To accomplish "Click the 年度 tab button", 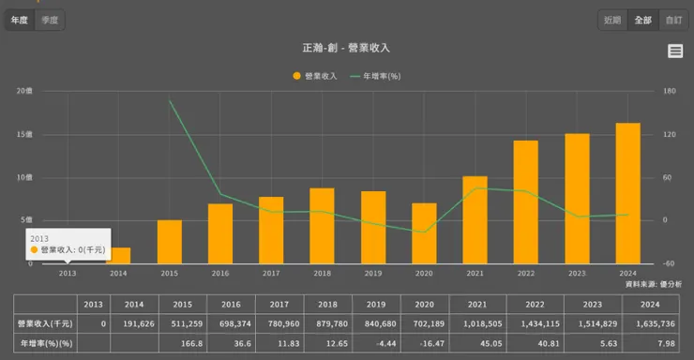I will (19, 20).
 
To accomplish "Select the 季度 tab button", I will (51, 20).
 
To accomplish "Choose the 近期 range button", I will (612, 20).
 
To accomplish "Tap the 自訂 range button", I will (673, 20).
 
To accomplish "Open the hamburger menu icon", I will (675, 52).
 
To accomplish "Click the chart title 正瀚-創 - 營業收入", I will (347, 48).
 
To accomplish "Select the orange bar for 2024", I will (627, 192).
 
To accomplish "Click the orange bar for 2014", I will (118, 255).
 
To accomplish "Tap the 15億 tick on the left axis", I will (23, 134).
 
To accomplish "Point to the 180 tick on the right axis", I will (669, 91).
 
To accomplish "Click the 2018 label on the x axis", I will (322, 273).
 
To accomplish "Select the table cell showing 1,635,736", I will (649, 322).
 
